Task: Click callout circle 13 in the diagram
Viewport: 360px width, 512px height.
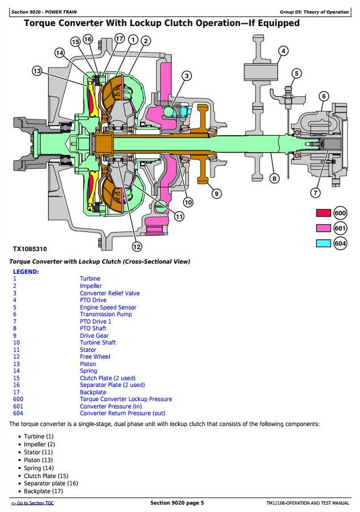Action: pos(37,71)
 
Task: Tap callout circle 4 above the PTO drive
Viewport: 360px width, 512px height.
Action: pos(284,51)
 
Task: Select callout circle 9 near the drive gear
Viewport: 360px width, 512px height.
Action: pos(216,194)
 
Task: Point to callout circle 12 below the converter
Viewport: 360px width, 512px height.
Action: pos(136,246)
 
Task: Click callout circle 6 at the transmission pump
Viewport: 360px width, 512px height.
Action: pos(324,96)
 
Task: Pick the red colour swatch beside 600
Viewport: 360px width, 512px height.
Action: pos(323,213)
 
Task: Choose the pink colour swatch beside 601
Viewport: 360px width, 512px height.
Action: pos(323,228)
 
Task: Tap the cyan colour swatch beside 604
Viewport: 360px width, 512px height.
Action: pos(323,243)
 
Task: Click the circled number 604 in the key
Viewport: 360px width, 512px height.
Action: pos(340,243)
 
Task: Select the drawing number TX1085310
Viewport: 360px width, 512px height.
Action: pos(30,249)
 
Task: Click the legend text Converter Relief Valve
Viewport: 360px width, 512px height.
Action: pos(109,293)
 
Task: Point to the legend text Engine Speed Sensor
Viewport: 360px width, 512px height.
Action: pos(108,307)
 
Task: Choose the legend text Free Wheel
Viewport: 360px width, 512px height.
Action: pos(95,356)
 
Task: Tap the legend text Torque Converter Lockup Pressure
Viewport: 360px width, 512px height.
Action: pos(126,399)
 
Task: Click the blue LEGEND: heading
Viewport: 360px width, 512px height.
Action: pos(26,272)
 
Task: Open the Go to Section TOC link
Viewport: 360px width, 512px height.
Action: pos(32,503)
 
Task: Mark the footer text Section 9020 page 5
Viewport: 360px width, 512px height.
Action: pos(177,503)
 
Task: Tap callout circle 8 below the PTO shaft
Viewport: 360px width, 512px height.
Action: pos(275,179)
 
